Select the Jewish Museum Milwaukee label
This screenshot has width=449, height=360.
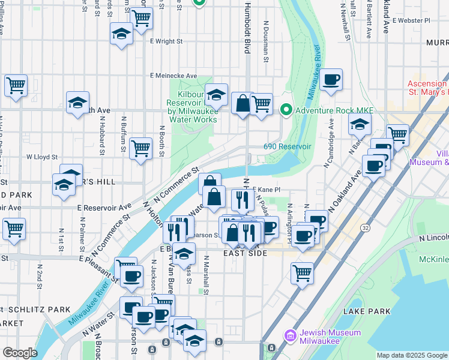coord(331,337)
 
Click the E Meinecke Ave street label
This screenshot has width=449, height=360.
coord(174,76)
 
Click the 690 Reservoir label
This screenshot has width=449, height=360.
coord(288,146)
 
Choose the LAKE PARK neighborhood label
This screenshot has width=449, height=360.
coord(367,311)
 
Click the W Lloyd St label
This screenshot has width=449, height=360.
coord(41,157)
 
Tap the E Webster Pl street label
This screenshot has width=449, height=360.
coord(411,20)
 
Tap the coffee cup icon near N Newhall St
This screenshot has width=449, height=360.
coord(331,80)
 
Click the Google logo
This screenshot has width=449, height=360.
coord(20,353)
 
